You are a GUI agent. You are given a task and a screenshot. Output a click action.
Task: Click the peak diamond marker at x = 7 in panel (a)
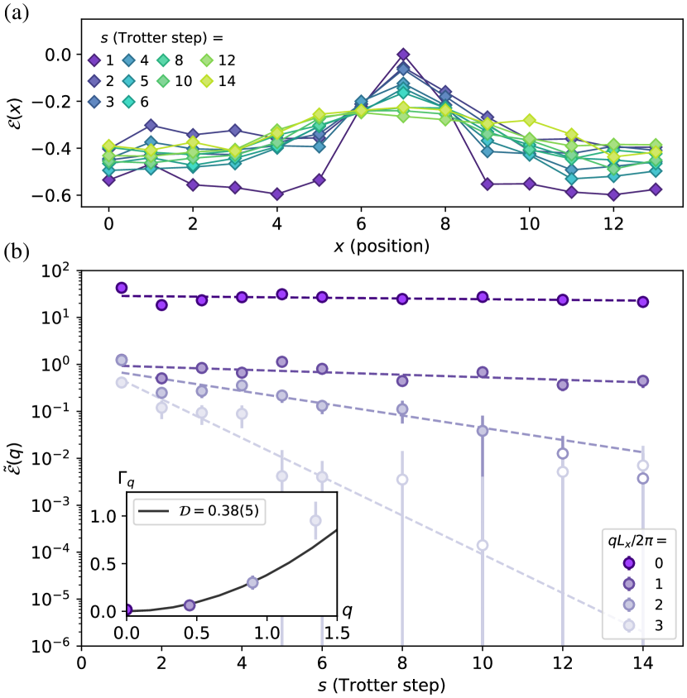(x=403, y=55)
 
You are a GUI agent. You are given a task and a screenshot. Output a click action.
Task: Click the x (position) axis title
(x=383, y=246)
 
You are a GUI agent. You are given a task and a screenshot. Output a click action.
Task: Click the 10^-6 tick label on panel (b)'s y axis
(x=55, y=646)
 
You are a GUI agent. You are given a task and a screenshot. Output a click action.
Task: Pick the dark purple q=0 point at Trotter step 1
(x=122, y=288)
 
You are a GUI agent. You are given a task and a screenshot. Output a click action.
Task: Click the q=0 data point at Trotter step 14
(x=642, y=302)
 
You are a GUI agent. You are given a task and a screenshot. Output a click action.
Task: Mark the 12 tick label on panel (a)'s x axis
(x=613, y=223)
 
